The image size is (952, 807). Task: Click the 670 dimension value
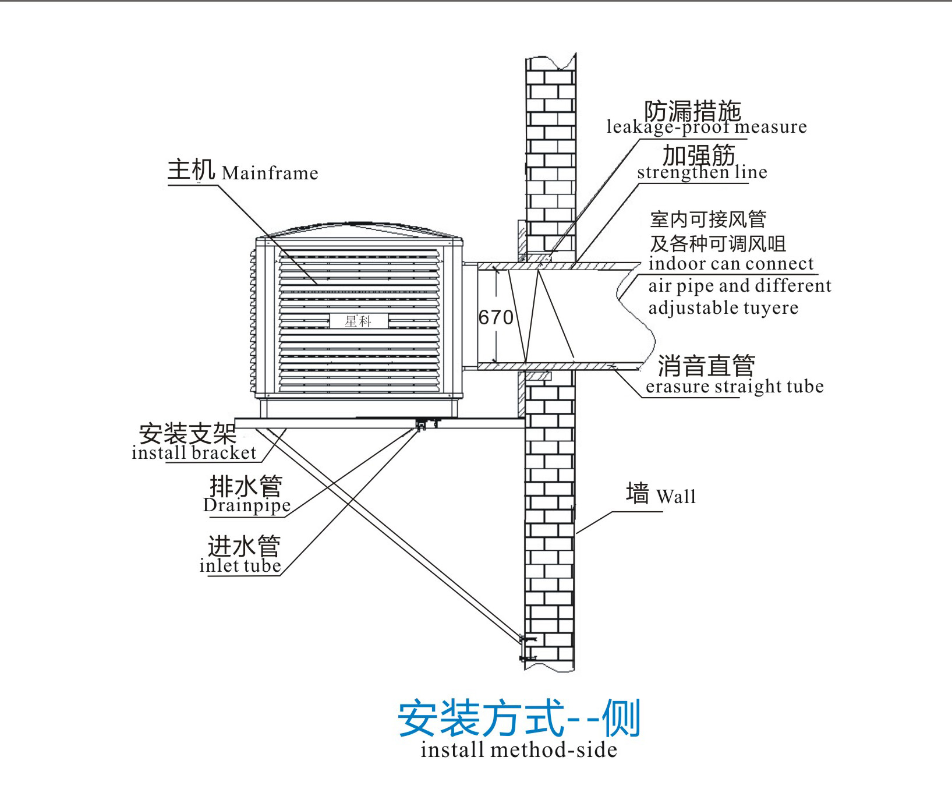496,317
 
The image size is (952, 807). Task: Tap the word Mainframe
270,173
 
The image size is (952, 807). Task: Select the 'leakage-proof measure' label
706,127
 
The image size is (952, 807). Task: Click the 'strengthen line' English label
702,172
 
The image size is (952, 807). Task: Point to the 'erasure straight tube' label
734,387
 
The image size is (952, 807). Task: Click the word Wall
675,497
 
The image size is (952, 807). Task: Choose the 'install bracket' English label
194,452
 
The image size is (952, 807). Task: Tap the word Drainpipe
246,505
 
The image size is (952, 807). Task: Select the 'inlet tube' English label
240,565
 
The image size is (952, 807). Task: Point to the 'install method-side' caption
518,749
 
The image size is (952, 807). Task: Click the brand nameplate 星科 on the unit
358,321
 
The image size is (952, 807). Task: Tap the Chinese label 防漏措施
692,110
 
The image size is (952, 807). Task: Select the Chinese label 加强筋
698,155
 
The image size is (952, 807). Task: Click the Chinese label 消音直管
706,366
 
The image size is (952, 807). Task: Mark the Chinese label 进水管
244,547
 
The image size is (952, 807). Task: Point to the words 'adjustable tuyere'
723,307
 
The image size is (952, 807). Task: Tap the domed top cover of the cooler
359,228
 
